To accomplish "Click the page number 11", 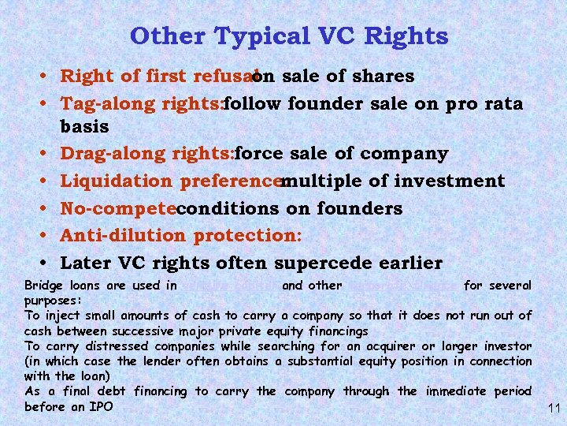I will (553, 408).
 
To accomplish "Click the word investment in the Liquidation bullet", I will (450, 181).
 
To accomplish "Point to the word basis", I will (84, 126).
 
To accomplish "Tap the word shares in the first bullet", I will (383, 76).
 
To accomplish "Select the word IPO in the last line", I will (102, 406).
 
